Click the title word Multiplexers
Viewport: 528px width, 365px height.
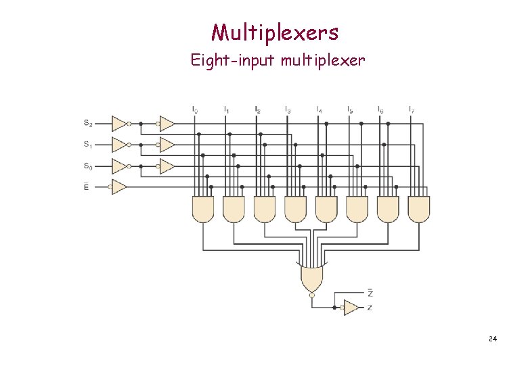tap(274, 32)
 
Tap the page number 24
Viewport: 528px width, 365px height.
tap(492, 338)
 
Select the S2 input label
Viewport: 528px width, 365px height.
tap(88, 123)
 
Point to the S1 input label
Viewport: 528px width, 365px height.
tap(88, 144)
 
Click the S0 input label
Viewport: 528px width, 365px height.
tap(88, 166)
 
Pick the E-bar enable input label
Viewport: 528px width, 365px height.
tap(86, 186)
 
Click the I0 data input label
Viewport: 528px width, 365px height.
tap(195, 109)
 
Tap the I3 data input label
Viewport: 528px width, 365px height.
tap(288, 109)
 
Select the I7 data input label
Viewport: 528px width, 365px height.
tap(412, 109)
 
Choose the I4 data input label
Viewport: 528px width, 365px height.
tap(319, 109)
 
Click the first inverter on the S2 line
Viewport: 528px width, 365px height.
tap(119, 124)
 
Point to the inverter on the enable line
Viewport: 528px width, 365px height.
tap(119, 186)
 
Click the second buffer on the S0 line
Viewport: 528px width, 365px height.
tap(166, 166)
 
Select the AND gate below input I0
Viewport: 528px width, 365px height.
tap(203, 209)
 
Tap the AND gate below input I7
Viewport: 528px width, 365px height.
tap(419, 209)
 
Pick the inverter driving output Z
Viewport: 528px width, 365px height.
tap(351, 308)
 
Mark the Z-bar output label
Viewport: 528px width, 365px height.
tap(370, 293)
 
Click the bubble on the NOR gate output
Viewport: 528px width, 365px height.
tap(311, 295)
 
